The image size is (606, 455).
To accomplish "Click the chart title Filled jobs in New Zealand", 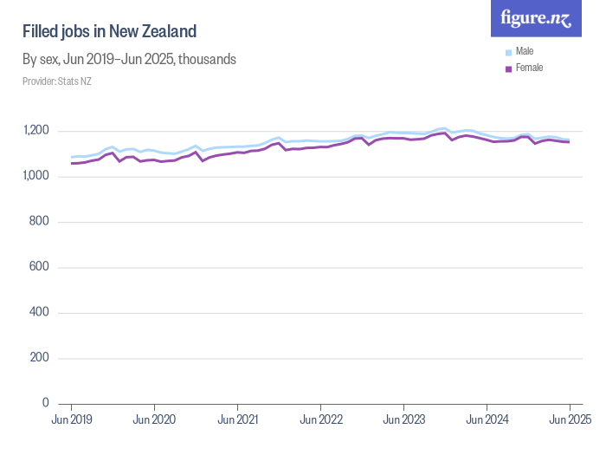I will tap(110, 32).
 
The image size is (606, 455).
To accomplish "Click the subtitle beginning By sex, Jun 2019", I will tap(129, 60).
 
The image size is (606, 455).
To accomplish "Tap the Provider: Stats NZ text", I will tap(57, 81).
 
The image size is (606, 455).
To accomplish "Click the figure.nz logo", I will tap(536, 19).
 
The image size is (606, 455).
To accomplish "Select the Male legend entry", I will tap(524, 51).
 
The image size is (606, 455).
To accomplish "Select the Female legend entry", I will tap(528, 68).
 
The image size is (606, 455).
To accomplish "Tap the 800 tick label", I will tap(40, 222).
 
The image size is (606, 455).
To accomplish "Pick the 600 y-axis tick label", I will tap(40, 267).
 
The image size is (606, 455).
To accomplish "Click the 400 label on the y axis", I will tap(40, 313).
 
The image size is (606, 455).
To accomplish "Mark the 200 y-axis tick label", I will tap(40, 358).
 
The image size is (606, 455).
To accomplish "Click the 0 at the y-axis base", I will tap(45, 403).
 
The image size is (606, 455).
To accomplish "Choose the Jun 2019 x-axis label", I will tap(71, 419).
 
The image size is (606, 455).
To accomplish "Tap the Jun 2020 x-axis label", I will tap(154, 419).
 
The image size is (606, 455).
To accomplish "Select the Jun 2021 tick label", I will tap(237, 419).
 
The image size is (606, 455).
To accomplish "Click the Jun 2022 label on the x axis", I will tap(320, 419).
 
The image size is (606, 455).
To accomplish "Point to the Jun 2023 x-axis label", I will tap(403, 419).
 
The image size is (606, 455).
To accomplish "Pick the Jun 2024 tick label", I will tap(487, 419).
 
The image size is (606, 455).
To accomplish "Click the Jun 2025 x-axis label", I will tap(569, 419).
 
